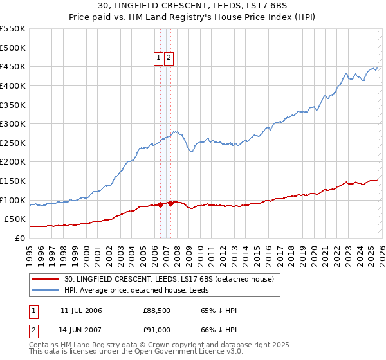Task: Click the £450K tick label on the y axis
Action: (13, 66)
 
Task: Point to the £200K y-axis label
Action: (13, 162)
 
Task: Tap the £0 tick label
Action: (19, 238)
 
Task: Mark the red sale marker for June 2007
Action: (170, 204)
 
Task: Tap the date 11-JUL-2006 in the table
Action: (81, 310)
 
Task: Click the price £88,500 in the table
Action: (157, 310)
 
